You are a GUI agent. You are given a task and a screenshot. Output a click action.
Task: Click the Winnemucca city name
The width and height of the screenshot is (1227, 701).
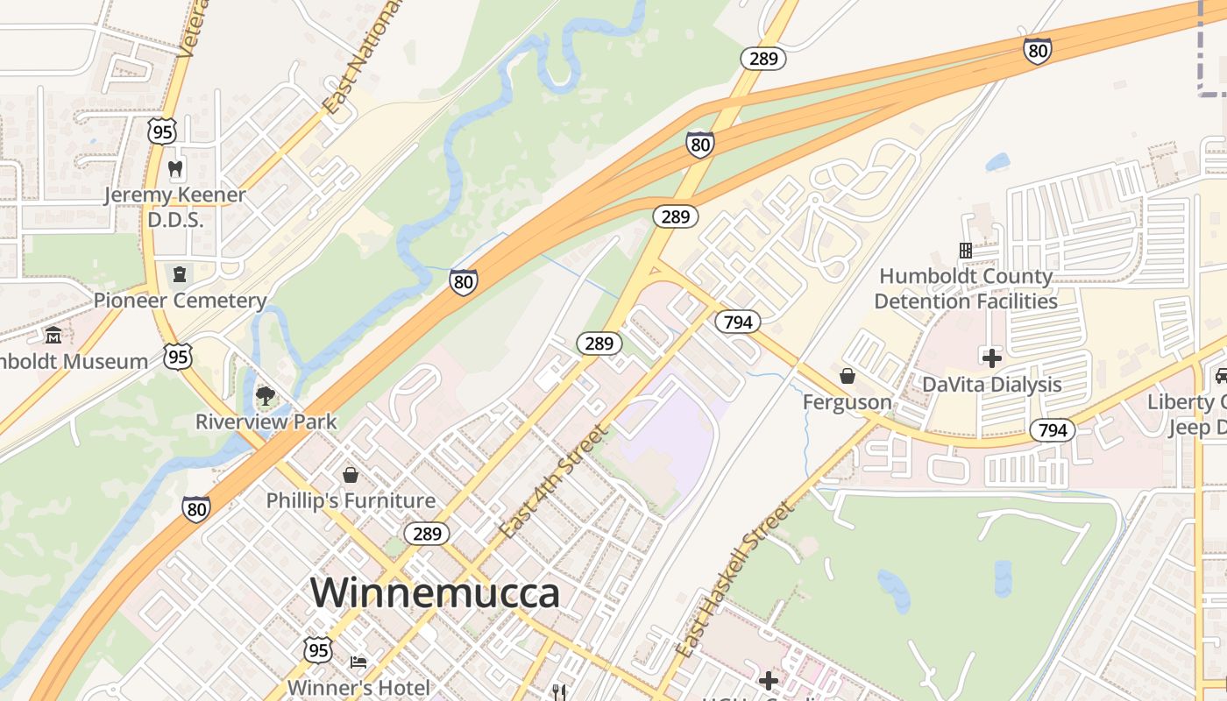(435, 593)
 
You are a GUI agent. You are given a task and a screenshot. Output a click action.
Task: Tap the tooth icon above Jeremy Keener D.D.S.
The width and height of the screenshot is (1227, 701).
(174, 168)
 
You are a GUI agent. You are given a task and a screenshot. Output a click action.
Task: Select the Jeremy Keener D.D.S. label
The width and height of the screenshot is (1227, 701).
(174, 207)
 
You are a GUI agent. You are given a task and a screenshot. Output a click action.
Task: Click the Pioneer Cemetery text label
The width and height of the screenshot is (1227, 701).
(180, 301)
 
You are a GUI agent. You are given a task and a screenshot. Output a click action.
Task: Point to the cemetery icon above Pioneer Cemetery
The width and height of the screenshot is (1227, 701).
(180, 274)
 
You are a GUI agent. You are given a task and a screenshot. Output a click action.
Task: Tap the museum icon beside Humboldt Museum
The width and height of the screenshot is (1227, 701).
(53, 336)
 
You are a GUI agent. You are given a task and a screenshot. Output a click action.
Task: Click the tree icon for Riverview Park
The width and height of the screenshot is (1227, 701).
(265, 396)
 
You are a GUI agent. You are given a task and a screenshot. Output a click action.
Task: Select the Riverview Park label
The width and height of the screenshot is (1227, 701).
(266, 421)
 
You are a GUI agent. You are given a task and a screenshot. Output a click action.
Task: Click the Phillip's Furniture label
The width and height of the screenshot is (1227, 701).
(351, 500)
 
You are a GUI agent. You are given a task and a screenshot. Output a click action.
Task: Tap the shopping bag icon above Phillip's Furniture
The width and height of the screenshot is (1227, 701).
(351, 475)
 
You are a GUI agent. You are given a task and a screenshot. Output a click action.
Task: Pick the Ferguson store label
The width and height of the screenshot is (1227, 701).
(848, 402)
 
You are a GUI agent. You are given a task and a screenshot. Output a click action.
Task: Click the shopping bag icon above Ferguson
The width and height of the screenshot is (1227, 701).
(848, 376)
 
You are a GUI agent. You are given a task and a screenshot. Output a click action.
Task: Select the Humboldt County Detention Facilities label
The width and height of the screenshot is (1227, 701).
(966, 288)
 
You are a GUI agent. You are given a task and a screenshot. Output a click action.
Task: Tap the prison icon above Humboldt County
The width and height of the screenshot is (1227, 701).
(966, 251)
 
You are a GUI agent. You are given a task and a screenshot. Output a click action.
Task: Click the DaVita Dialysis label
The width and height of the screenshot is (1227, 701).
(991, 385)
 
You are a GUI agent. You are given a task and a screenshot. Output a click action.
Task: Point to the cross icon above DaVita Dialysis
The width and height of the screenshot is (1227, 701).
(991, 358)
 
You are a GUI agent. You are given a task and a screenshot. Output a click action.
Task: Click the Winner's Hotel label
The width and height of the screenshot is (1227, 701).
(358, 688)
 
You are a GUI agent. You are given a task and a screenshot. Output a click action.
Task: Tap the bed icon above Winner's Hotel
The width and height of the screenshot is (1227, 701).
(358, 662)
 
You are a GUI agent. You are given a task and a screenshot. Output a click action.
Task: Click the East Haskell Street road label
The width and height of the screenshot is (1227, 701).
(735, 579)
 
